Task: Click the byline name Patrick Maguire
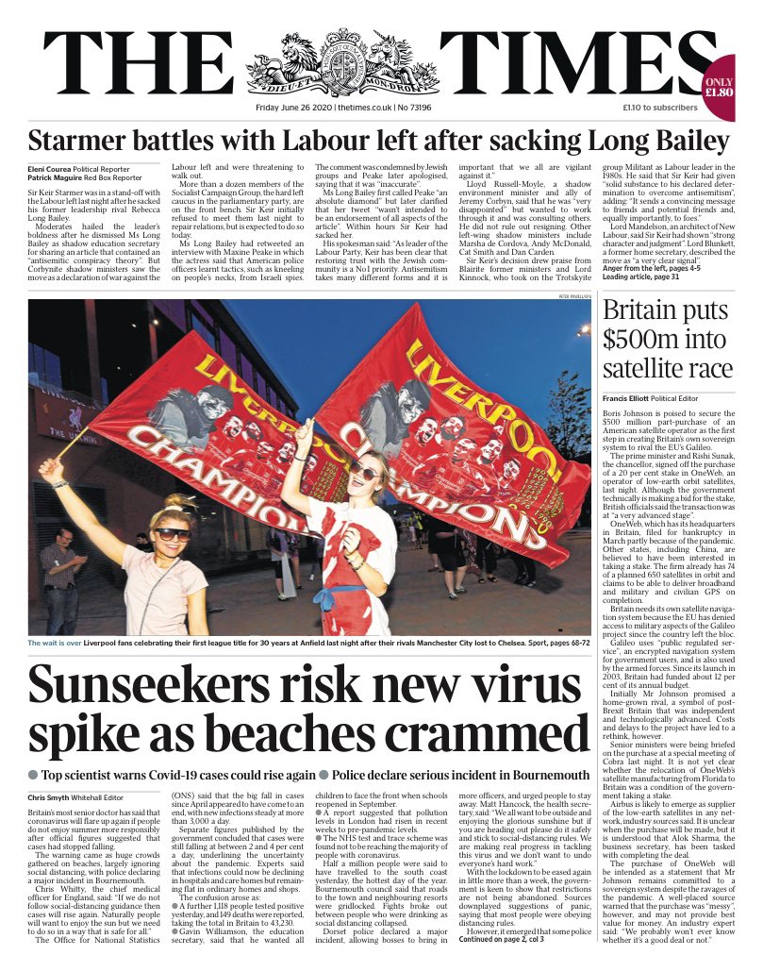59,177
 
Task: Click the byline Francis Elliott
630,399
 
